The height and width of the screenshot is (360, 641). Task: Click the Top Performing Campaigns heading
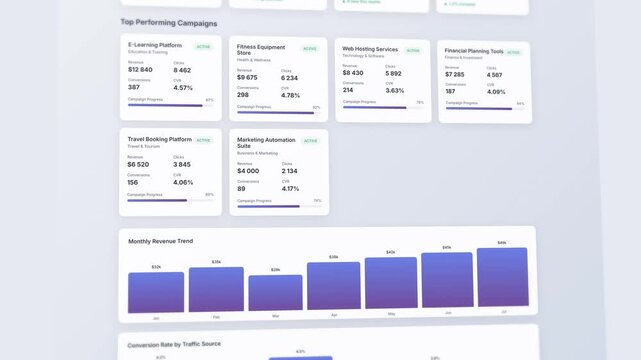pyautogui.click(x=168, y=22)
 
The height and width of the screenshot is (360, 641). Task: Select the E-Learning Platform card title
pyautogui.click(x=155, y=45)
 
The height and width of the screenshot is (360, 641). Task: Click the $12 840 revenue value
pyautogui.click(x=140, y=70)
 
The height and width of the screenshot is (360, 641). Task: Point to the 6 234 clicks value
pyautogui.click(x=289, y=78)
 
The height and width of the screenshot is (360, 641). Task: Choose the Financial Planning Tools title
pyautogui.click(x=473, y=51)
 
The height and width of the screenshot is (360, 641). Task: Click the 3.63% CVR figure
pyautogui.click(x=395, y=90)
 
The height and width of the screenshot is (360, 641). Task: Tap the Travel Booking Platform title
pyautogui.click(x=159, y=139)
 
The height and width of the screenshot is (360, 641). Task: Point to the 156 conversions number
pyautogui.click(x=133, y=182)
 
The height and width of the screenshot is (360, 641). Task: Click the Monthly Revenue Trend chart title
pyautogui.click(x=160, y=241)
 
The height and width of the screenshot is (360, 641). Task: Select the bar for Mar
pyautogui.click(x=275, y=292)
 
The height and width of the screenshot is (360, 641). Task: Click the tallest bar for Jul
pyautogui.click(x=502, y=277)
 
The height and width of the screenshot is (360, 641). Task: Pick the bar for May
pyautogui.click(x=390, y=283)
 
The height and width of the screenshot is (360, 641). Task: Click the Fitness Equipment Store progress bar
pyautogui.click(x=274, y=112)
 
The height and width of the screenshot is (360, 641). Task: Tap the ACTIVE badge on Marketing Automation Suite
pyautogui.click(x=310, y=141)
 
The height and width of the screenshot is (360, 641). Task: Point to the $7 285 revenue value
pyautogui.click(x=454, y=74)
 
